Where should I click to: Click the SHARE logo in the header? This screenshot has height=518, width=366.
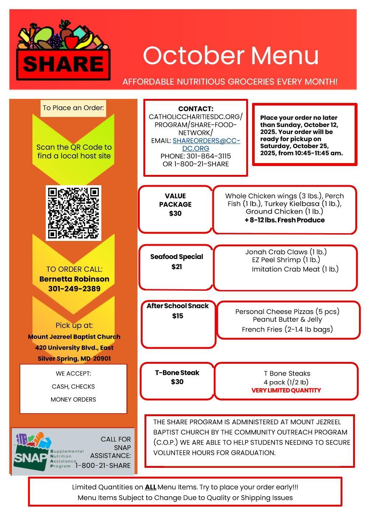tap(63, 52)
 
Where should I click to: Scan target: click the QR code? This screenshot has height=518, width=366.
tap(73, 213)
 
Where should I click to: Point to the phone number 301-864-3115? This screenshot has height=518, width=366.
tap(208, 156)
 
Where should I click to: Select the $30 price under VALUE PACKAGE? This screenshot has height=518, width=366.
tap(175, 213)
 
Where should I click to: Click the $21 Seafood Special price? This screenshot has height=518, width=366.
tap(177, 267)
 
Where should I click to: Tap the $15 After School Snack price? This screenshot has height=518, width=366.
tap(178, 316)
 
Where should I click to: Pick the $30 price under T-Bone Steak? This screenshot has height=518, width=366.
tap(177, 382)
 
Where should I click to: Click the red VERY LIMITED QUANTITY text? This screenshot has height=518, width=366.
tap(286, 390)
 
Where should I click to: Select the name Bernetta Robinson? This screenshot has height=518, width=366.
tap(74, 279)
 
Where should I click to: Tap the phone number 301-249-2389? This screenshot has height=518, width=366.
tap(74, 289)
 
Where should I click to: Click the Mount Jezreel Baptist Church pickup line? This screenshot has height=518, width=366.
tap(74, 336)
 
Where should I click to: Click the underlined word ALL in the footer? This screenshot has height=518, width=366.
tap(150, 487)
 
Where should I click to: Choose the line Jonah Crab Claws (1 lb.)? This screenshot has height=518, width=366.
tap(286, 252)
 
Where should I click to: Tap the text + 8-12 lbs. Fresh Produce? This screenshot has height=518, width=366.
tap(285, 220)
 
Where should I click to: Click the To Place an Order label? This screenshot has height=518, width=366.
tap(73, 108)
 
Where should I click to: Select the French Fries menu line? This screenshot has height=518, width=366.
tap(287, 329)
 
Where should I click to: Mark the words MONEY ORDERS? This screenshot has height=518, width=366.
tap(73, 400)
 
